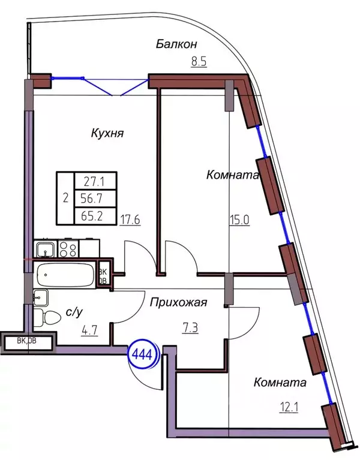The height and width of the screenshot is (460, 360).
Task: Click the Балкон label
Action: pos(176,44)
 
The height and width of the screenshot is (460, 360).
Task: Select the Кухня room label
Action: pos(108,133)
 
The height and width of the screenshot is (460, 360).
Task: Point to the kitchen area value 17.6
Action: pos(130,219)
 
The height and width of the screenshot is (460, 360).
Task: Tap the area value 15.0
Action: pos(239,219)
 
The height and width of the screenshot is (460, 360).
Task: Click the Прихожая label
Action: pos(179,303)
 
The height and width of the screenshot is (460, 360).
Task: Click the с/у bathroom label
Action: pos(73,312)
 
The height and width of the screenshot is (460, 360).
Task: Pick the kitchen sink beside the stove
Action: pos(43,248)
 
